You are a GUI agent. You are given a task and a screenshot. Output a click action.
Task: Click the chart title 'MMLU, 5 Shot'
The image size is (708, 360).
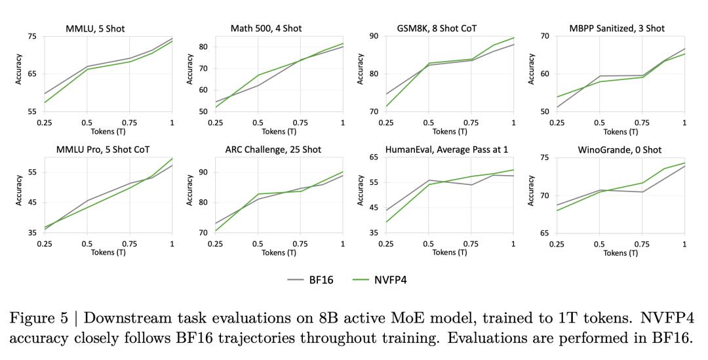[95, 28]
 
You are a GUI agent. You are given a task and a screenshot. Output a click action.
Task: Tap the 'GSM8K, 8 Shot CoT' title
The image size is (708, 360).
[437, 28]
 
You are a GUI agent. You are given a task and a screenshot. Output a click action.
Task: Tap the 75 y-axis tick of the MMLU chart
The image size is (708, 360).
[32, 36]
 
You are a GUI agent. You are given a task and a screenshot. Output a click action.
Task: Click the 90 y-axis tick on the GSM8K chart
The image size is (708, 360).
[373, 36]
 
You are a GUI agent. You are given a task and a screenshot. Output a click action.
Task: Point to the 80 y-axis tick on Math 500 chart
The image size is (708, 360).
[203, 47]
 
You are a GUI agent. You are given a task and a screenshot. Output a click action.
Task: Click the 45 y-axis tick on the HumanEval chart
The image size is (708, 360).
[373, 208]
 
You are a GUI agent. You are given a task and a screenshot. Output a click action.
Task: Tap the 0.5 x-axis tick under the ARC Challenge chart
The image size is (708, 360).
[258, 244]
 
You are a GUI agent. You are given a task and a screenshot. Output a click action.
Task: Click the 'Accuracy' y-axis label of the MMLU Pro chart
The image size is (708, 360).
[19, 190]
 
